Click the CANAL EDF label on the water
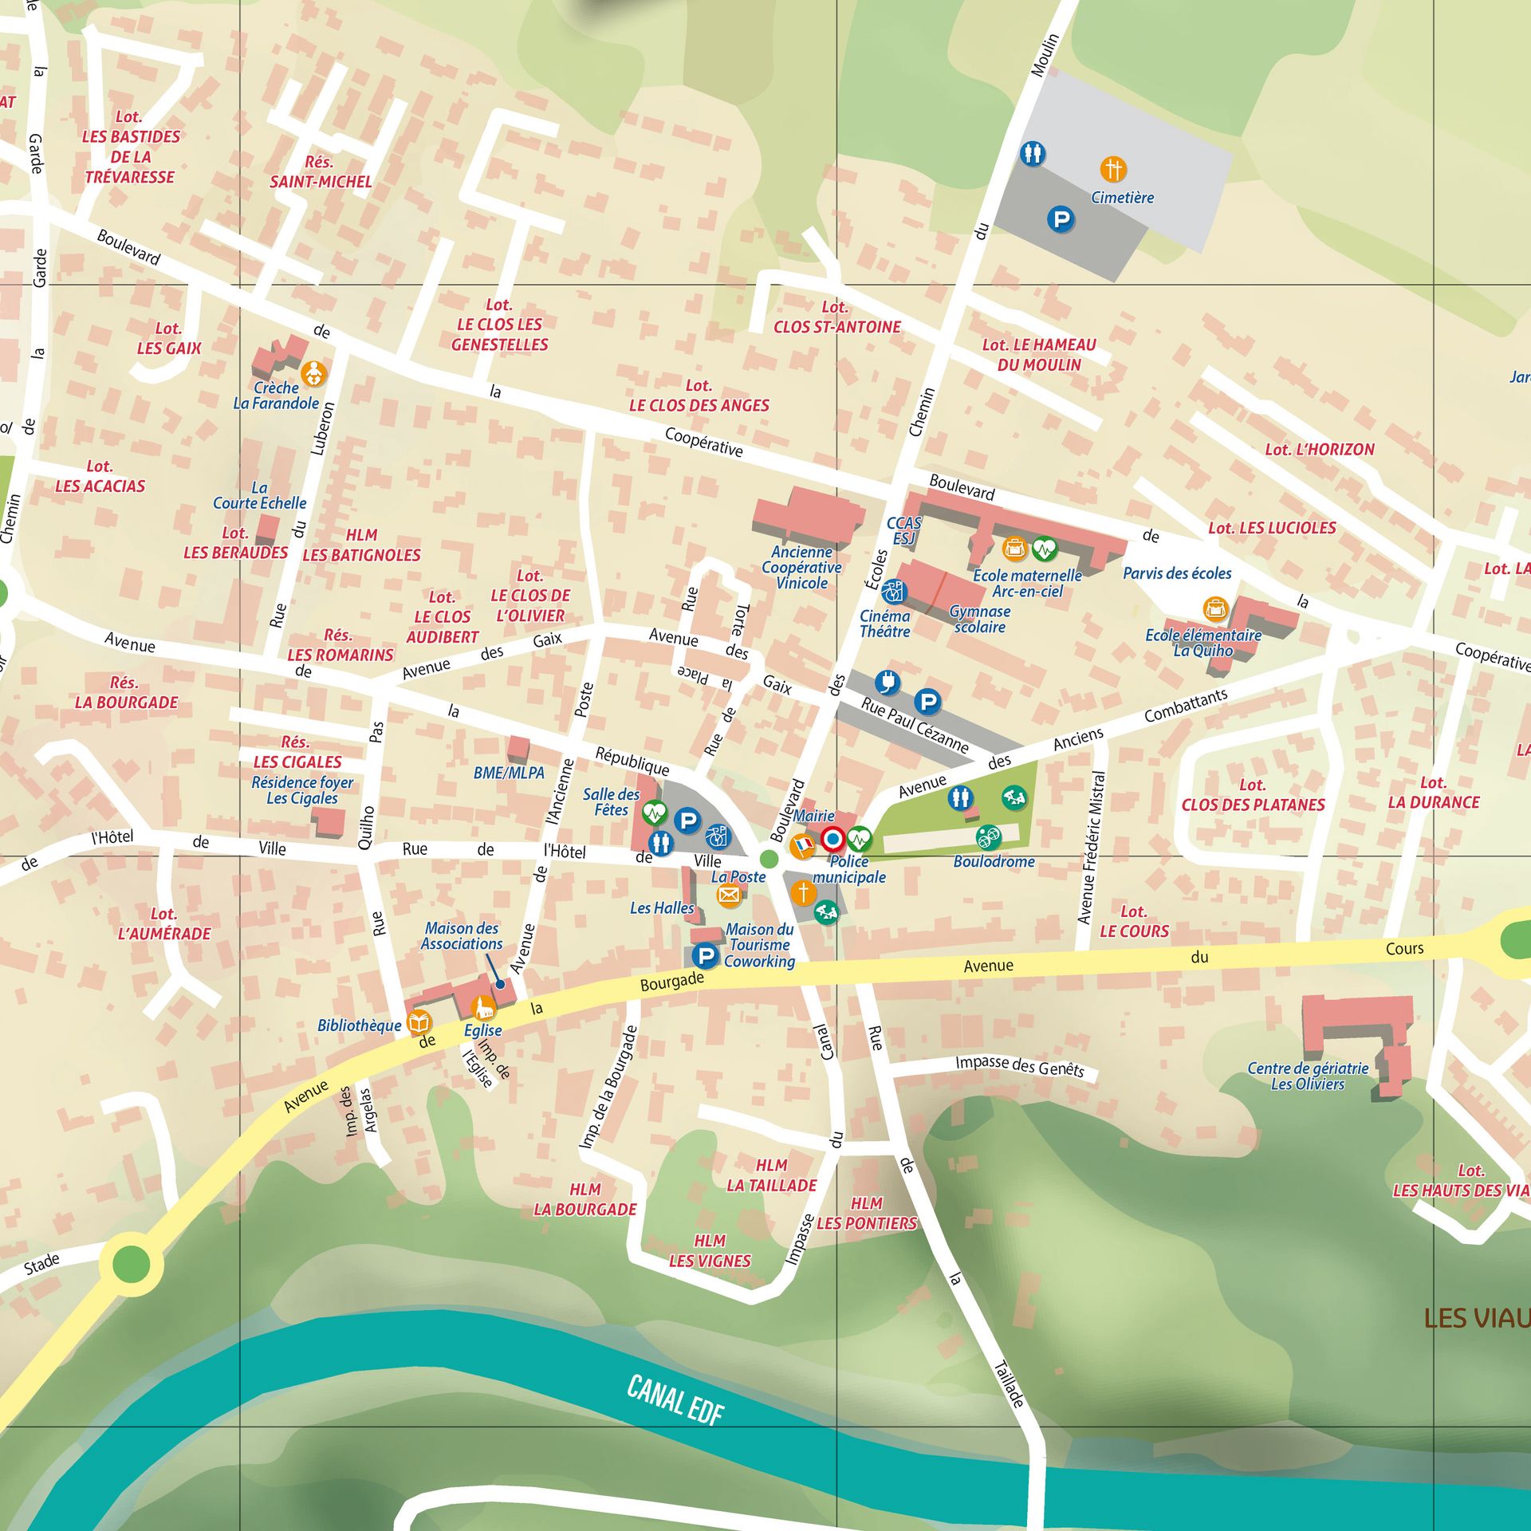point(675,1400)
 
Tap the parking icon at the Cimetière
point(1061,218)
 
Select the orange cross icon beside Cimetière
point(1113,169)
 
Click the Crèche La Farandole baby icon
point(314,373)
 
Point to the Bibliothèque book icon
point(419,1021)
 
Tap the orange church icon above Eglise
point(482,1009)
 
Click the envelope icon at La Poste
point(729,895)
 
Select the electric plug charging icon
point(888,682)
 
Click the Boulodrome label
point(994,862)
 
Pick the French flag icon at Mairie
point(802,844)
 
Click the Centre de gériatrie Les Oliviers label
point(1308,1076)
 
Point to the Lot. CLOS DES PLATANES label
point(1253,795)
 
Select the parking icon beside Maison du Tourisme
point(704,955)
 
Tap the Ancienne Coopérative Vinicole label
point(801,567)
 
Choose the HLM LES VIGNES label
point(710,1250)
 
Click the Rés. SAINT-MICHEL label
point(321,171)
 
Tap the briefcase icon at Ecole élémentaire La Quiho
point(1215,609)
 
